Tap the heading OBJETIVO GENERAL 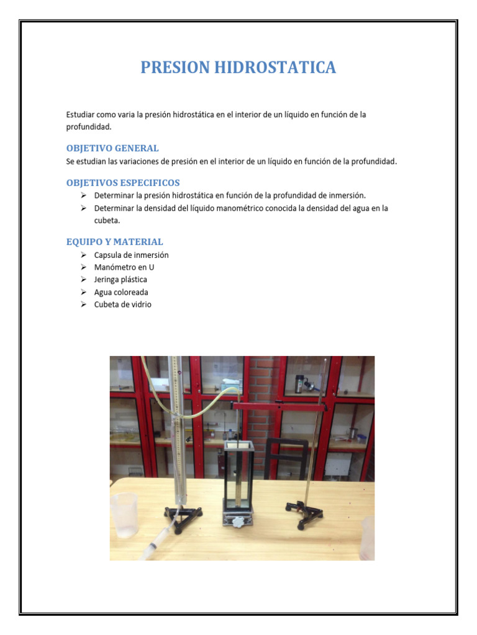(x=112, y=148)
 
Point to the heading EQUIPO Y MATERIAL (x=115, y=242)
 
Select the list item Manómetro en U (x=124, y=267)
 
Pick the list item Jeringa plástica (x=120, y=280)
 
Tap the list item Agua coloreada (x=121, y=292)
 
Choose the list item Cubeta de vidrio (x=122, y=304)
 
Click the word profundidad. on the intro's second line (x=89, y=127)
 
